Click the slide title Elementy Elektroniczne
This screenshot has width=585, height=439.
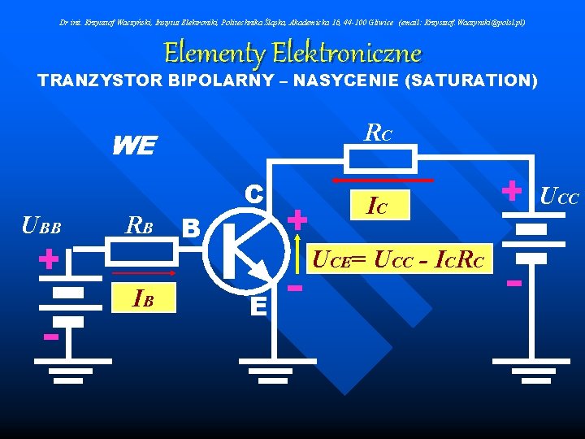tap(292, 54)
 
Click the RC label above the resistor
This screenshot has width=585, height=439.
tap(378, 132)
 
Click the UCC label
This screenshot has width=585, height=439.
tap(559, 196)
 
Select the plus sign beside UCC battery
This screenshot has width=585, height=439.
tap(511, 190)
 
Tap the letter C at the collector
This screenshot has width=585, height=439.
tap(253, 193)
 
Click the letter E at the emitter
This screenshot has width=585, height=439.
tap(258, 306)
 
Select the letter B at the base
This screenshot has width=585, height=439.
tap(191, 226)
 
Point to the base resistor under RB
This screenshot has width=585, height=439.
tap(142, 254)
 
